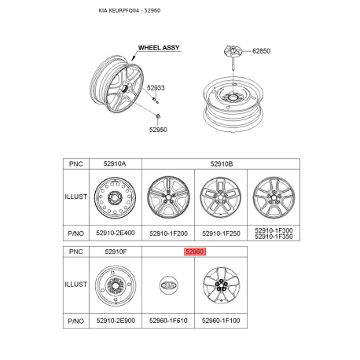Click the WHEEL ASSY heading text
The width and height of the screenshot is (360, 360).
[160, 48]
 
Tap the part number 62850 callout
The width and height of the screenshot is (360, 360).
[260, 51]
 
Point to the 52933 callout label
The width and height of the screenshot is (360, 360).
[156, 88]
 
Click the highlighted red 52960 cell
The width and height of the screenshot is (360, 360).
[194, 252]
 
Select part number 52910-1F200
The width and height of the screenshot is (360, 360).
[168, 233]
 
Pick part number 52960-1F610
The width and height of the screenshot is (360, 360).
[168, 321]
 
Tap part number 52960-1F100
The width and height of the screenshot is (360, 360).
[221, 321]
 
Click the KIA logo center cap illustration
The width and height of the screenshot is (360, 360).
[168, 287]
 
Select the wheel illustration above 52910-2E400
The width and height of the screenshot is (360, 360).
[115, 198]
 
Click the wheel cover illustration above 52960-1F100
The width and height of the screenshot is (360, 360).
[221, 287]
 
